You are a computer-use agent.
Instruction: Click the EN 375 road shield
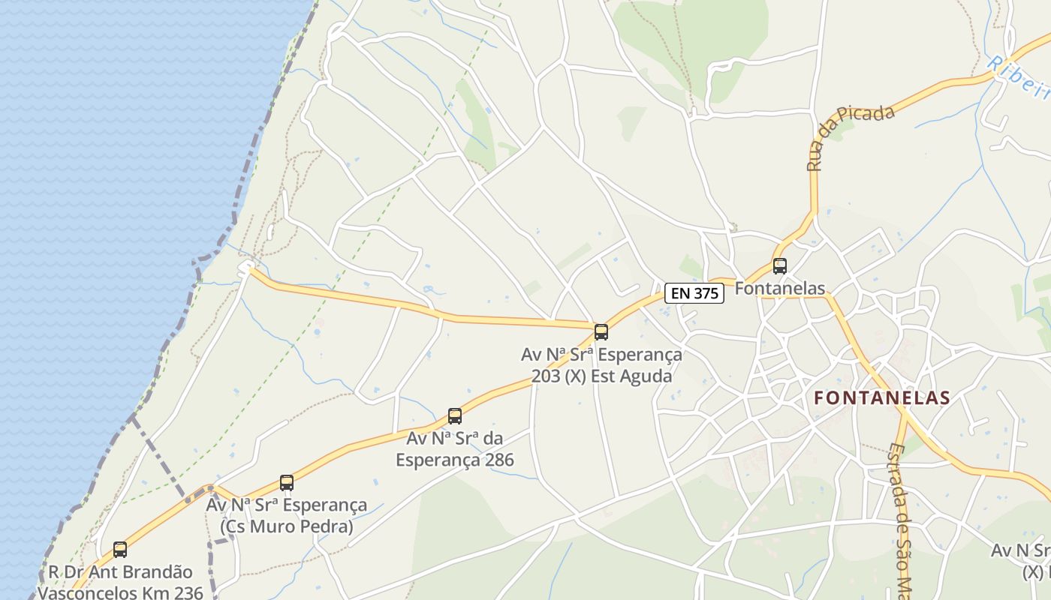(694, 293)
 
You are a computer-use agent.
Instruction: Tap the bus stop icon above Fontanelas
(780, 265)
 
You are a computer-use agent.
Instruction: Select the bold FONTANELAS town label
(882, 398)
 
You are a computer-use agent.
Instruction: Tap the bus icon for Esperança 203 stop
(601, 331)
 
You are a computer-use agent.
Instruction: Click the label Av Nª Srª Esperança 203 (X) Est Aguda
(601, 365)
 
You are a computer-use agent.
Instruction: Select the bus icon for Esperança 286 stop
(455, 415)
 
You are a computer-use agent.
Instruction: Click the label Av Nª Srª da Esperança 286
(455, 448)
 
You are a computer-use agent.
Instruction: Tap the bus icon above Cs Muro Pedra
(287, 482)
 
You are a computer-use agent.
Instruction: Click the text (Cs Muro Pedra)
(287, 526)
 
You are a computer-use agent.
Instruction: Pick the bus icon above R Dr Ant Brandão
(120, 549)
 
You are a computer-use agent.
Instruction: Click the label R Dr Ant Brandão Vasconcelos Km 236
(120, 583)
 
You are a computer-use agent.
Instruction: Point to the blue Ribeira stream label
(1019, 75)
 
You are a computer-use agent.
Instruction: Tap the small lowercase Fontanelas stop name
(780, 288)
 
